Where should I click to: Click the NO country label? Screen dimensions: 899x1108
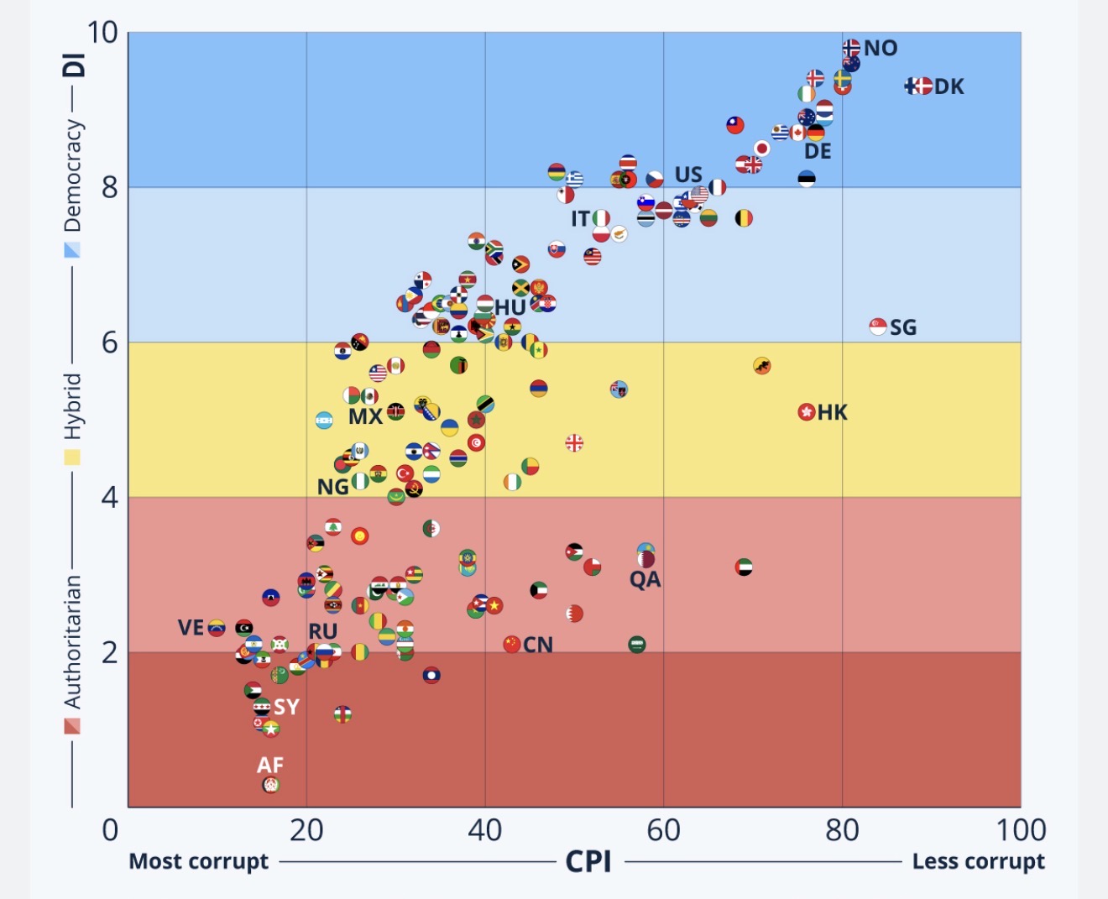click(x=881, y=49)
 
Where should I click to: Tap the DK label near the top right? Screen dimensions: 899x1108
click(x=949, y=86)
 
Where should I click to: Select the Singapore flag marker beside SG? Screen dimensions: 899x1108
click(x=878, y=327)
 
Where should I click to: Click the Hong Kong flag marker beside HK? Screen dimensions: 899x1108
click(x=807, y=412)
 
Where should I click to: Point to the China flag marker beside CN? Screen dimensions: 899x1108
click(x=512, y=645)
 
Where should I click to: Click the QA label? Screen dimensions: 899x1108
click(x=645, y=579)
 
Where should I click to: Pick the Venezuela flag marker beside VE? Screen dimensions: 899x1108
click(x=217, y=628)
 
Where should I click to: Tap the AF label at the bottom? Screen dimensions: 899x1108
click(x=270, y=765)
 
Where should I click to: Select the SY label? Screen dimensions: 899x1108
click(x=286, y=707)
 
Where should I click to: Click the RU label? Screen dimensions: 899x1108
click(x=322, y=631)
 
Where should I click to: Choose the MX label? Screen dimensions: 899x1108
click(x=365, y=416)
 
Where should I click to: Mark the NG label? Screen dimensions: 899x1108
click(x=332, y=487)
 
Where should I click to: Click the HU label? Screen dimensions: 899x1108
click(x=510, y=308)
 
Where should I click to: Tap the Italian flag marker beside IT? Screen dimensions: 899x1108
click(x=601, y=219)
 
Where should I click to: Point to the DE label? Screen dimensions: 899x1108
click(x=818, y=151)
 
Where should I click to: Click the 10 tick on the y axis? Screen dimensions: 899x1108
click(x=102, y=33)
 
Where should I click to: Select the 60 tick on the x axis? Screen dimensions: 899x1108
click(x=663, y=830)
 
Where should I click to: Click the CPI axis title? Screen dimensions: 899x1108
click(x=588, y=861)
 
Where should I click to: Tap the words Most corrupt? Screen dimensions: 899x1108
click(x=198, y=861)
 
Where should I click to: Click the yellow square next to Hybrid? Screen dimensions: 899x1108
click(x=73, y=457)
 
